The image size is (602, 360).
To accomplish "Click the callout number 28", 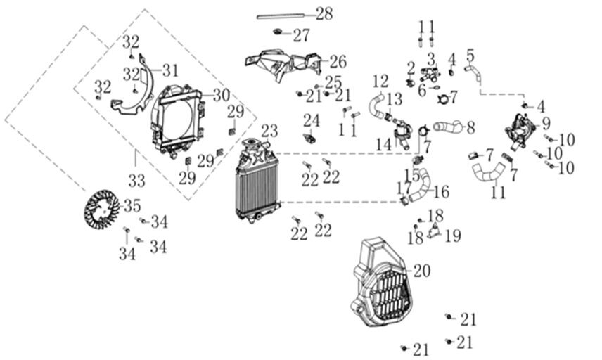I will (x=324, y=13).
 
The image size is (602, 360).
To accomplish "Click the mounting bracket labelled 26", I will (x=281, y=63).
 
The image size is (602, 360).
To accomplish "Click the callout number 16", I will (x=441, y=192).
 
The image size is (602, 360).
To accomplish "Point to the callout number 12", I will (x=380, y=80).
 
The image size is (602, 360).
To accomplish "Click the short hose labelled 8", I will (x=447, y=127).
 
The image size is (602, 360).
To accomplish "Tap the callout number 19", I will (x=452, y=236).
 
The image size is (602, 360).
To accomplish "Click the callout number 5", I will (x=470, y=54).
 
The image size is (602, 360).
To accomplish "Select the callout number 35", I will (x=132, y=205).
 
